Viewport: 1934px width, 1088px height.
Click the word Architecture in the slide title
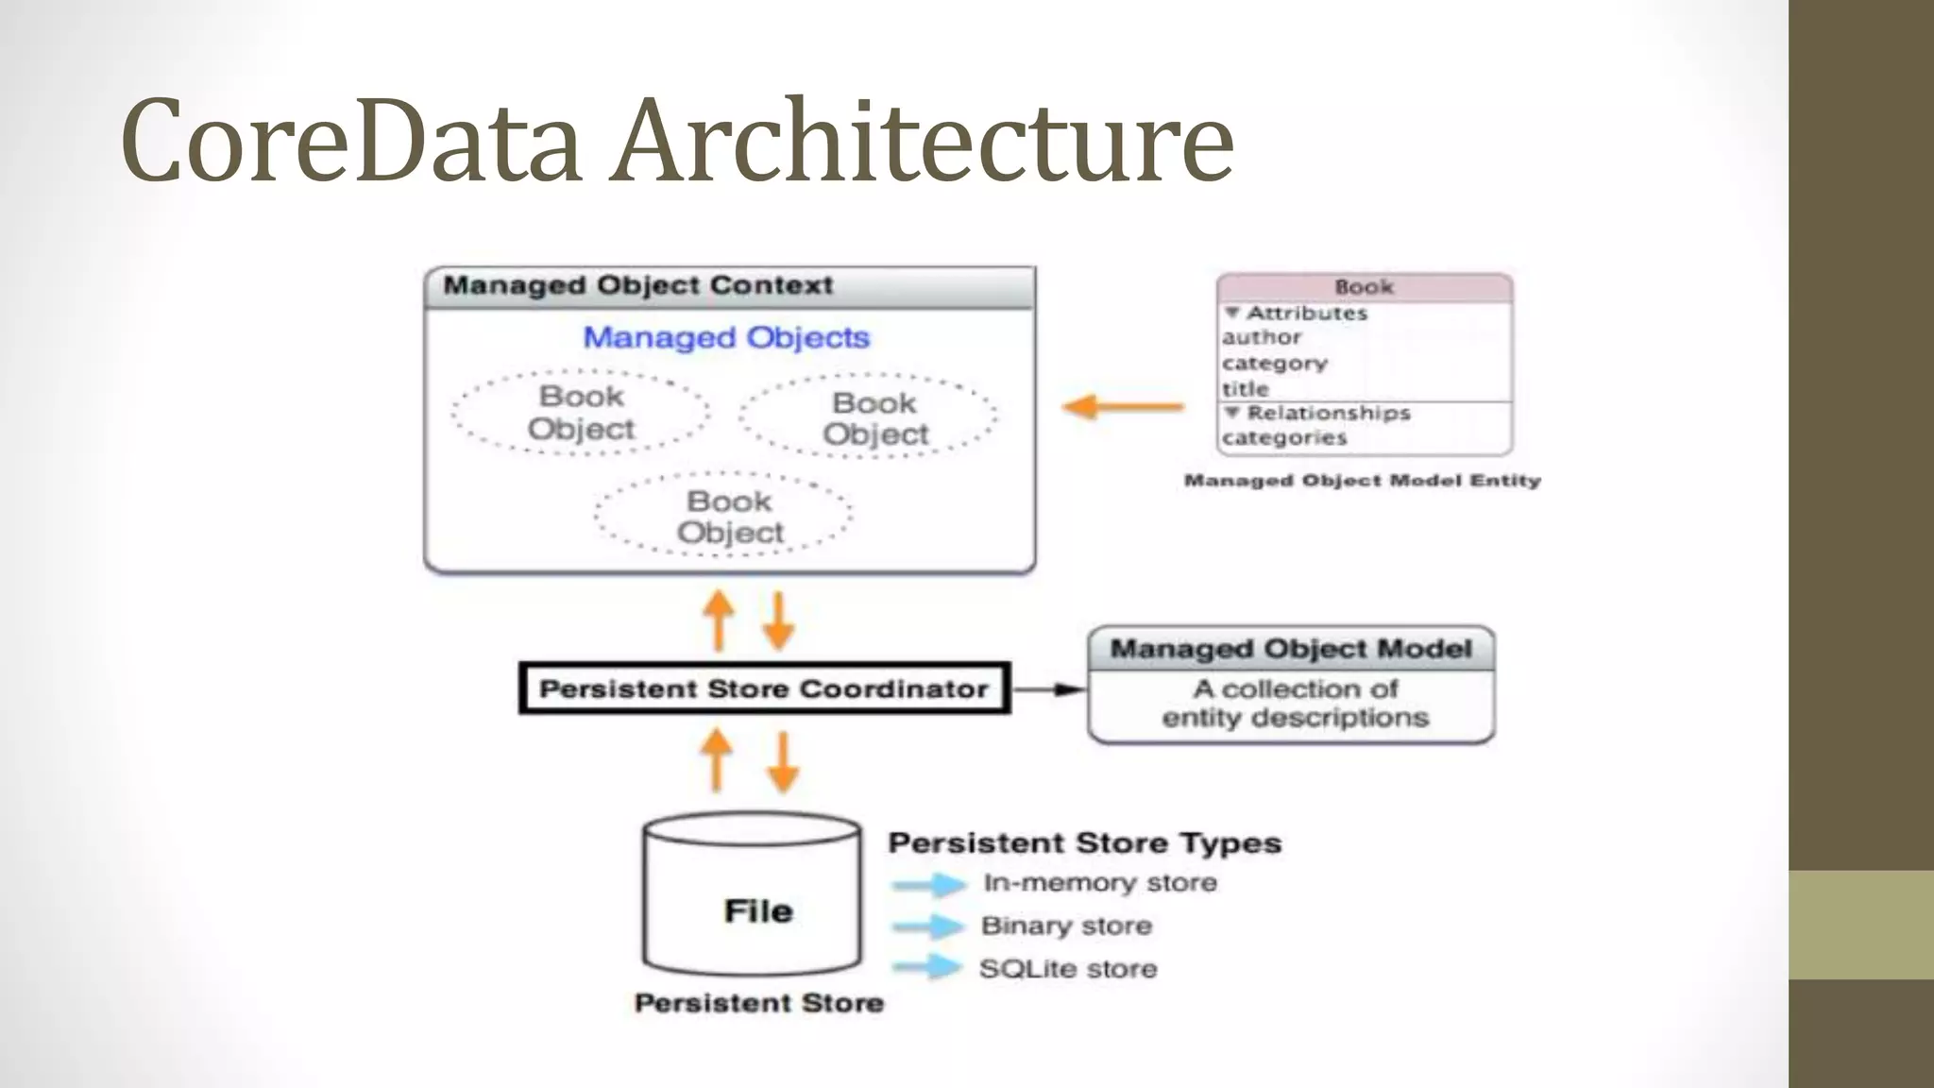(921, 142)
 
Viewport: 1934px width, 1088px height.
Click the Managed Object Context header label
(638, 285)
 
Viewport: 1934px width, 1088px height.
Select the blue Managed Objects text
(725, 337)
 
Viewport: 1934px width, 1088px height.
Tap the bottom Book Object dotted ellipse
(725, 515)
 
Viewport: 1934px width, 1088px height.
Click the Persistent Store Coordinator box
(763, 688)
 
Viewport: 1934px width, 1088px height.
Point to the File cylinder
(754, 897)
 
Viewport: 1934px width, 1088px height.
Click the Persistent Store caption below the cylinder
(758, 1003)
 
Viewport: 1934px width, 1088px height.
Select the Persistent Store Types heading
(1084, 842)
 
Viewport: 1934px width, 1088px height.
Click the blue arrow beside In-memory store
(929, 884)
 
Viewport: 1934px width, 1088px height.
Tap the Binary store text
(1066, 926)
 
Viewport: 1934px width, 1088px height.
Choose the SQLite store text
(1067, 969)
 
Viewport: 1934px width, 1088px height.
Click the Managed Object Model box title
(1290, 649)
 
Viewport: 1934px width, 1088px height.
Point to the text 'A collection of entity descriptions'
(1295, 703)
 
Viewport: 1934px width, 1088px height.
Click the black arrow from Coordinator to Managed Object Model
(1048, 689)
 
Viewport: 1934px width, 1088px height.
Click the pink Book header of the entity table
(1364, 287)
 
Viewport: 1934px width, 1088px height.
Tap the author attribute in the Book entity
(1262, 337)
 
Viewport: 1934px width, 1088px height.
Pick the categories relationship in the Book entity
(1283, 437)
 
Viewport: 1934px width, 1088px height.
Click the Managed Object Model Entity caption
(1362, 481)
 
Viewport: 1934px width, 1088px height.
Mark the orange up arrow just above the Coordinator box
(719, 620)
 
